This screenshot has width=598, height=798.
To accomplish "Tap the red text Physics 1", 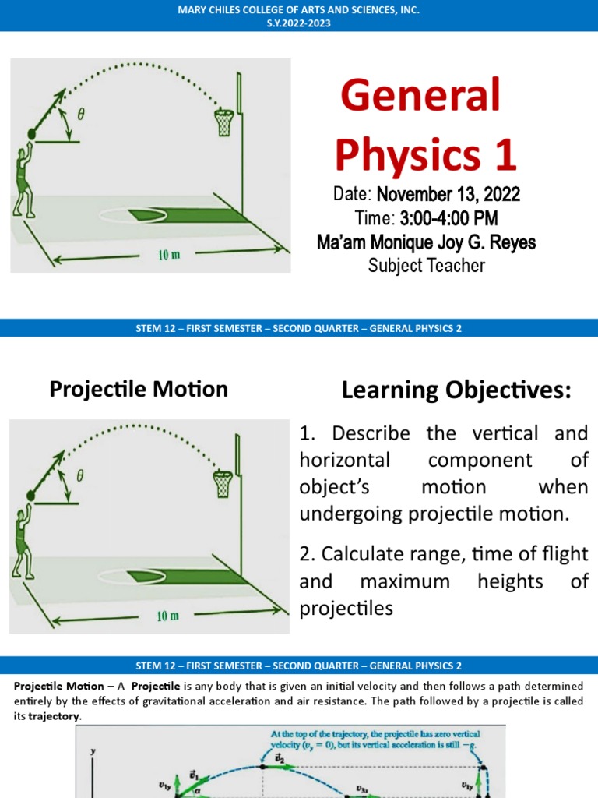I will pyautogui.click(x=426, y=154).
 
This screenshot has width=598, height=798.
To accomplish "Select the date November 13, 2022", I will pyautogui.click(x=448, y=194).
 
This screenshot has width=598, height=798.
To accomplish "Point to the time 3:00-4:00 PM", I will pyautogui.click(x=449, y=218).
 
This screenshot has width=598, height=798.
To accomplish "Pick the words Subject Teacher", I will pyautogui.click(x=426, y=266).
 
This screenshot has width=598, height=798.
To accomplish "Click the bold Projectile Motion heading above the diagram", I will pyautogui.click(x=139, y=389).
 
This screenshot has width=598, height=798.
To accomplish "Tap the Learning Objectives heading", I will pyautogui.click(x=456, y=391).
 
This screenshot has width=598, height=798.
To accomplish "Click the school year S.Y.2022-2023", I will pyautogui.click(x=299, y=23).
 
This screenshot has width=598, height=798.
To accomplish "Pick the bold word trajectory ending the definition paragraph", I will pyautogui.click(x=54, y=717).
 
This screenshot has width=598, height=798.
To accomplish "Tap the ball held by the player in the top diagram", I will pyautogui.click(x=32, y=134).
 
